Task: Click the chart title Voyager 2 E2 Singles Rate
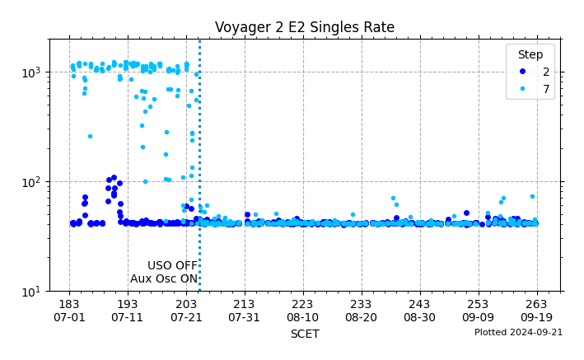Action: pos(305,27)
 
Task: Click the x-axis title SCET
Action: pos(305,334)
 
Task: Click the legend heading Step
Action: pos(530,54)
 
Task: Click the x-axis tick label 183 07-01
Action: pos(69,311)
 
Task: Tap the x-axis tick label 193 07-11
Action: pos(128,311)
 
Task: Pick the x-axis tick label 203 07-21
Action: pos(186,311)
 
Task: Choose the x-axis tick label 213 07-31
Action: pos(245,311)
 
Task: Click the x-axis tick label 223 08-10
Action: pos(302,311)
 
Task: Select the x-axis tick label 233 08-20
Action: pos(361,311)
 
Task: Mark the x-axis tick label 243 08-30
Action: pos(419,311)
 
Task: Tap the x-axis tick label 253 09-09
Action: pos(478,311)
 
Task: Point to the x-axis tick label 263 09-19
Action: pos(536,311)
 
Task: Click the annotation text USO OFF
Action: pos(172,265)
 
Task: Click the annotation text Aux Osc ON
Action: pos(164,278)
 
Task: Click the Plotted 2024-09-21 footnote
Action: pos(518,332)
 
